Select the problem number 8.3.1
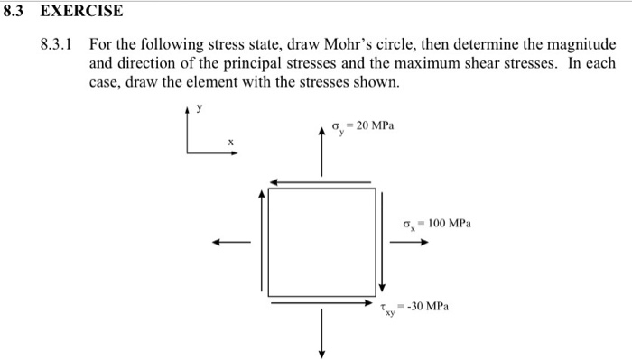point(58,45)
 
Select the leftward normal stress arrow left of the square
point(231,242)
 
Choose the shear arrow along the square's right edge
point(383,242)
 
